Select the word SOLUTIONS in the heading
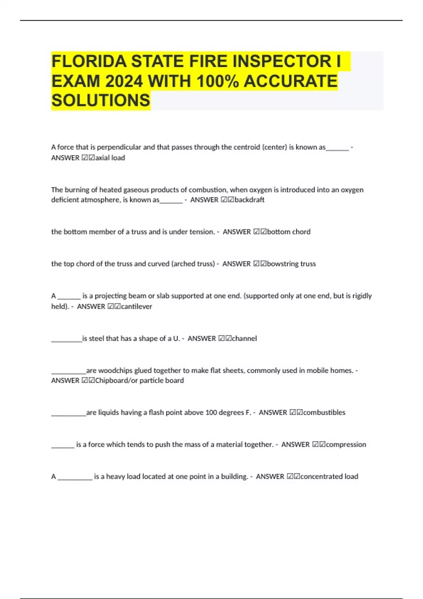pyautogui.click(x=101, y=101)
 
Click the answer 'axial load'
pyautogui.click(x=110, y=158)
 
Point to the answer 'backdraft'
pyautogui.click(x=250, y=200)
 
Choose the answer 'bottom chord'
pyautogui.click(x=289, y=232)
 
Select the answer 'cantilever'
pyautogui.click(x=136, y=307)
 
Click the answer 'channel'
pyautogui.click(x=244, y=339)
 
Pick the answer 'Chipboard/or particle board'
pyautogui.click(x=139, y=381)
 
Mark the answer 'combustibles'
pyautogui.click(x=324, y=413)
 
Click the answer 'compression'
pyautogui.click(x=346, y=445)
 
